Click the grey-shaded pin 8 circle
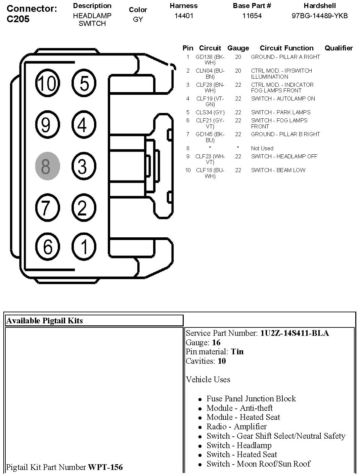click(47, 166)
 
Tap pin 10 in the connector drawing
click(47, 83)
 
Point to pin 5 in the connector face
click(84, 83)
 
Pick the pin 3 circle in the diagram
click(84, 166)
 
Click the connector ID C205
click(18, 19)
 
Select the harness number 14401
click(184, 16)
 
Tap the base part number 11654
click(252, 16)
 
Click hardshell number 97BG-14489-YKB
click(319, 16)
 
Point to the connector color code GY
click(138, 19)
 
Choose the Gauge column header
click(238, 48)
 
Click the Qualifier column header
click(339, 48)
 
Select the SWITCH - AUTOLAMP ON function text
click(283, 98)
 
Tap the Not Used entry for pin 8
click(262, 148)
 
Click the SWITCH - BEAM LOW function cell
click(278, 170)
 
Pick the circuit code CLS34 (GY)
click(210, 112)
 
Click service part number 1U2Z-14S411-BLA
click(295, 333)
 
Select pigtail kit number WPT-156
click(105, 467)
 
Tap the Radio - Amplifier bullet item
click(236, 427)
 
